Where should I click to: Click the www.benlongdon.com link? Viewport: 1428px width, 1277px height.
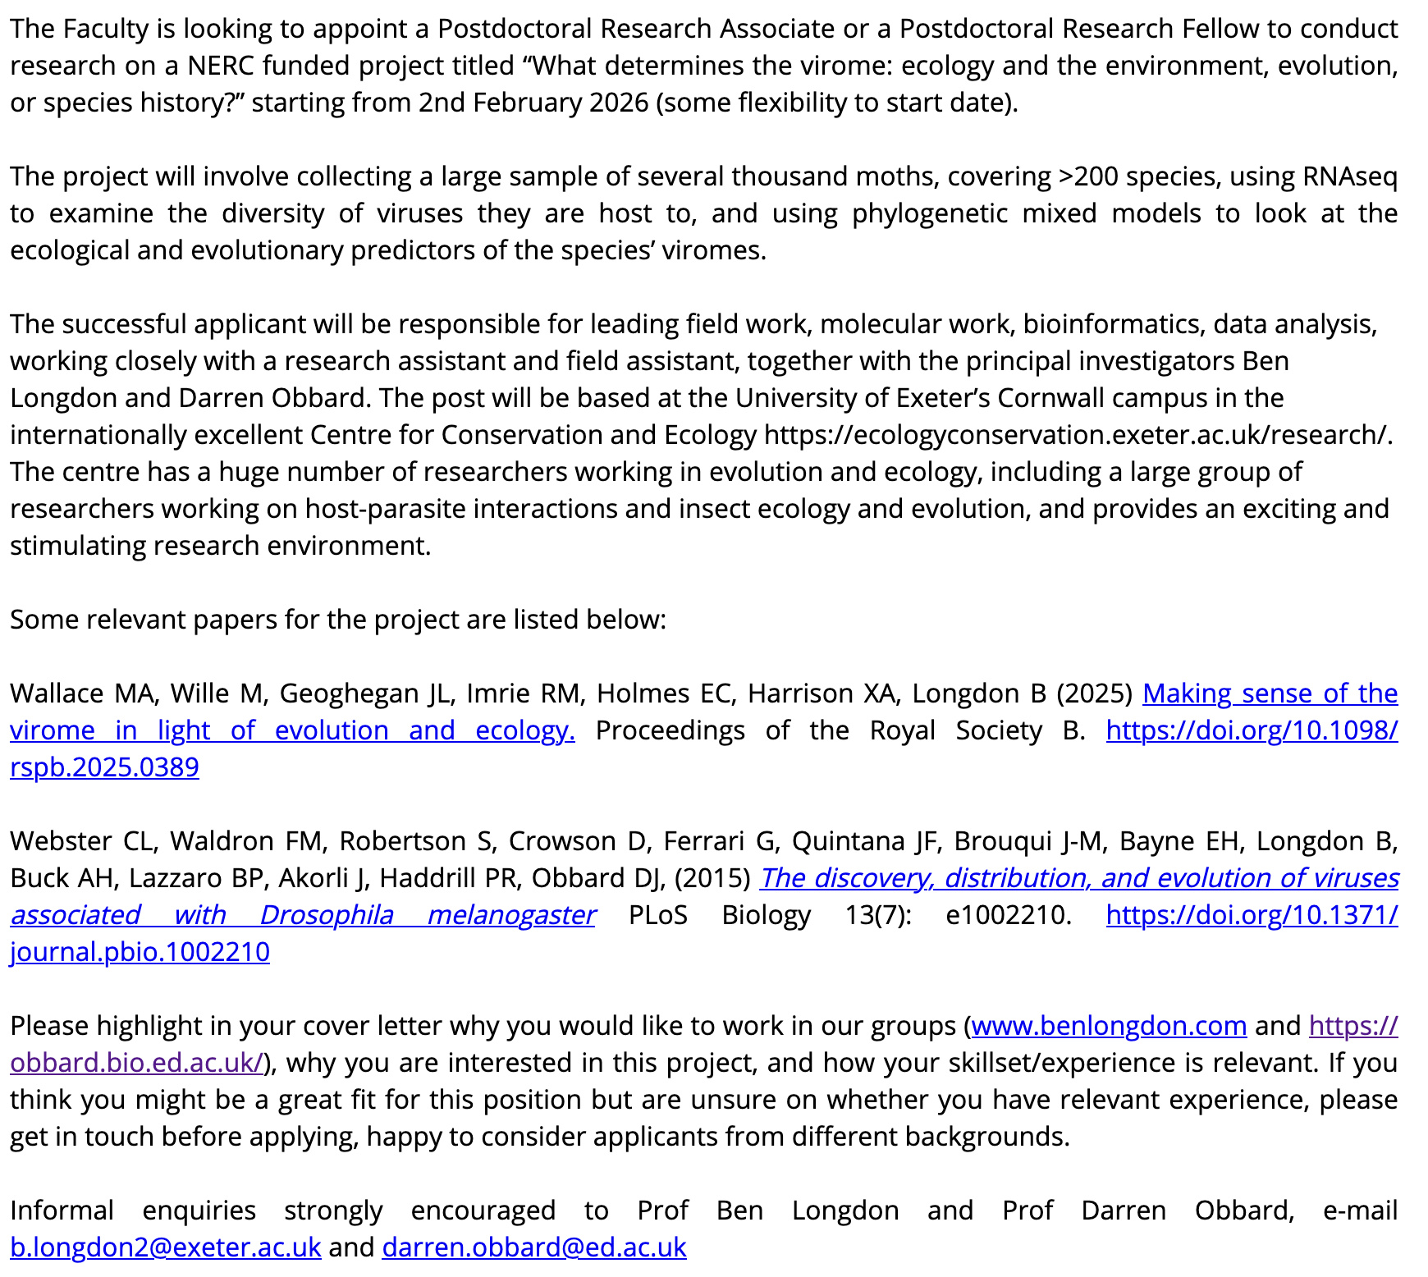click(x=1109, y=1026)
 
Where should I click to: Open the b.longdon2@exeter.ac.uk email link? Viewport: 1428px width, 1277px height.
click(x=165, y=1247)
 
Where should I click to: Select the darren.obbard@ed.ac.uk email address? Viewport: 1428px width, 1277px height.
click(x=533, y=1247)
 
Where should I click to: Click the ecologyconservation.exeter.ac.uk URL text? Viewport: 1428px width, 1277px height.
click(x=1077, y=435)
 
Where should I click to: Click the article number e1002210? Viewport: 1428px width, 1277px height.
click(x=1008, y=915)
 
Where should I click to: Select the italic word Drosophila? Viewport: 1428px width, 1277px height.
click(x=326, y=915)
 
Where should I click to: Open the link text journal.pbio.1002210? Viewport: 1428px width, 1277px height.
click(x=140, y=952)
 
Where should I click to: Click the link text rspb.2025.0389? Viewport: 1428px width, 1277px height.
click(x=104, y=767)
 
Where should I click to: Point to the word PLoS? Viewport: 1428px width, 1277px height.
click(x=657, y=915)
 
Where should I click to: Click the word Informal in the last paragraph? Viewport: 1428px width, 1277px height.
click(x=62, y=1211)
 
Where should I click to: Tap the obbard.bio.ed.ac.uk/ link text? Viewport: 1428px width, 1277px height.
click(x=136, y=1063)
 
